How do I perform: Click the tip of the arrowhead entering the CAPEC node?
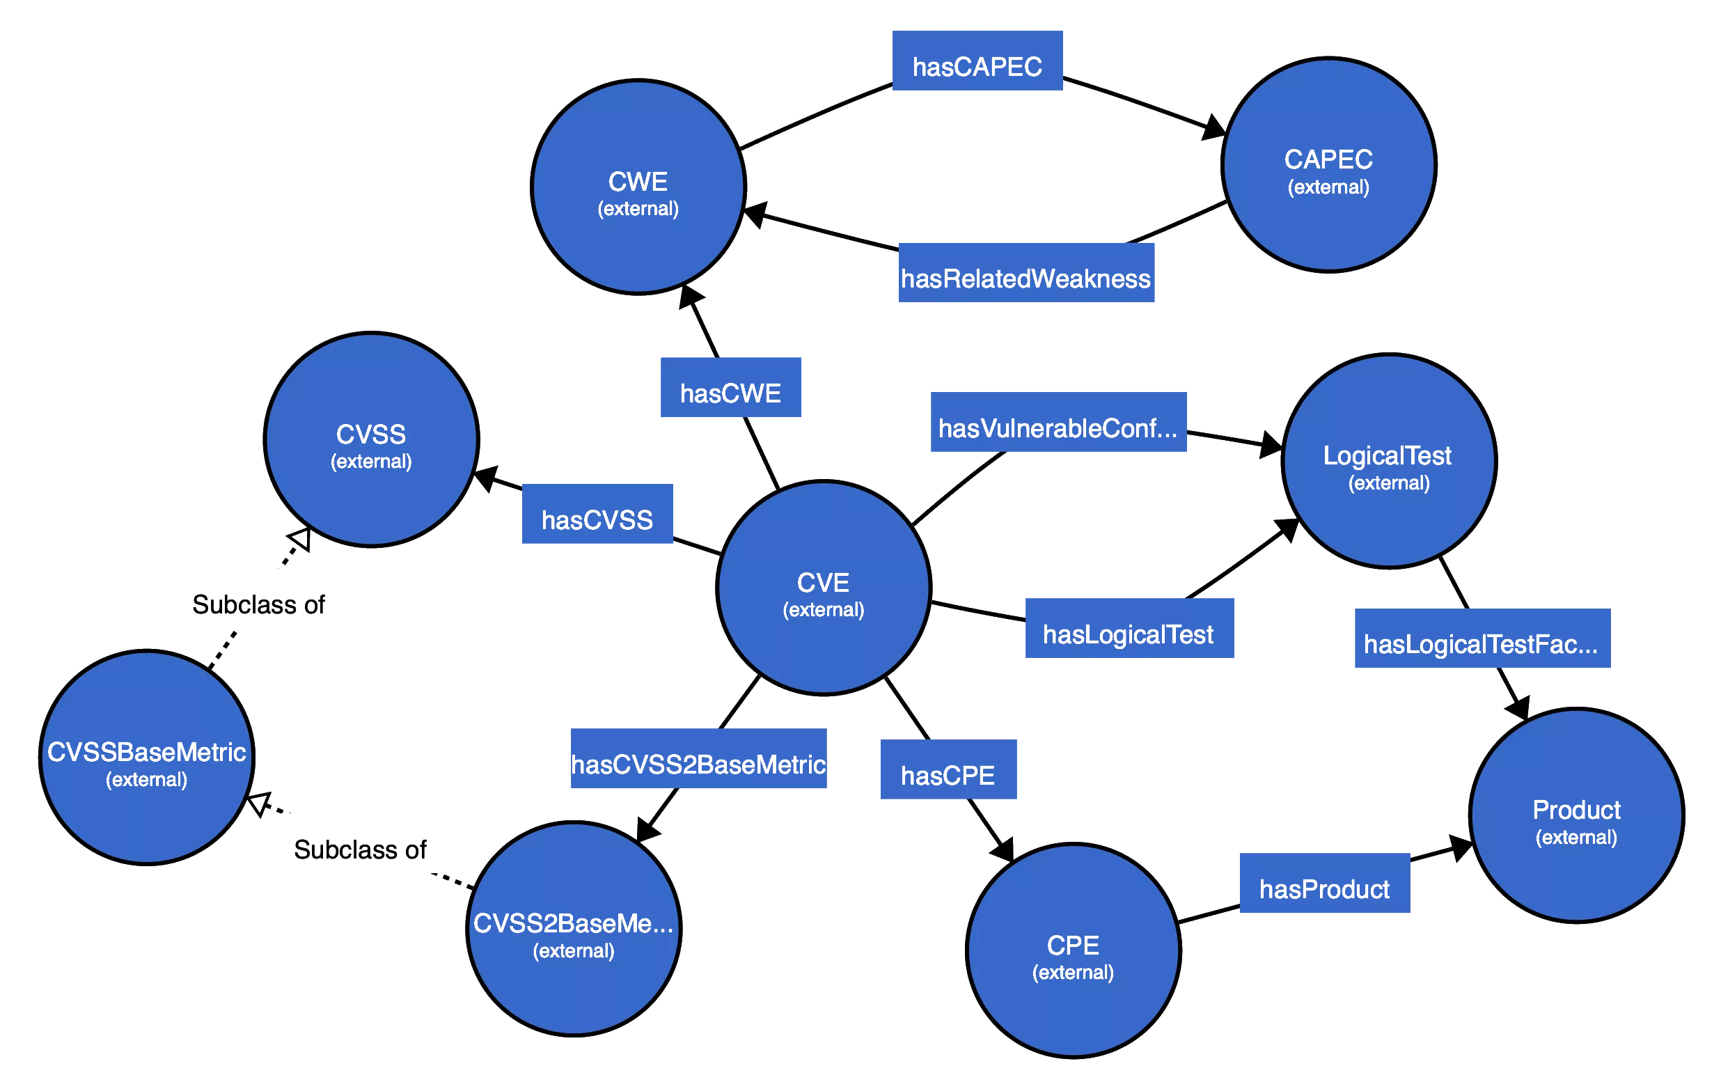point(1227,133)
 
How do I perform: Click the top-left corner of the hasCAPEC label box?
point(893,31)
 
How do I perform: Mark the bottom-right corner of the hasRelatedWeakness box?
point(1154,302)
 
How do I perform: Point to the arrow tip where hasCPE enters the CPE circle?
point(1014,862)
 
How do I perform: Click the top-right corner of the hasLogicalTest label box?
point(1234,599)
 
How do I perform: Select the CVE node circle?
point(824,588)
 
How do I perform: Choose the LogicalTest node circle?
point(1389,461)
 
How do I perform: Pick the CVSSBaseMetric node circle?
point(146,758)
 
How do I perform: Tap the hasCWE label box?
point(730,387)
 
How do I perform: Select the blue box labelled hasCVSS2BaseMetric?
point(698,758)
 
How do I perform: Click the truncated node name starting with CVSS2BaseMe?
point(573,923)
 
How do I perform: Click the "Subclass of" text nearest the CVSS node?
point(259,604)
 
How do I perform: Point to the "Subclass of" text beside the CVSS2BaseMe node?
point(360,849)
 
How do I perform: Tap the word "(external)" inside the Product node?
point(1576,838)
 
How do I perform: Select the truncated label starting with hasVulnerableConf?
point(1058,428)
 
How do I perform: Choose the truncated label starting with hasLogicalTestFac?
point(1481,644)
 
